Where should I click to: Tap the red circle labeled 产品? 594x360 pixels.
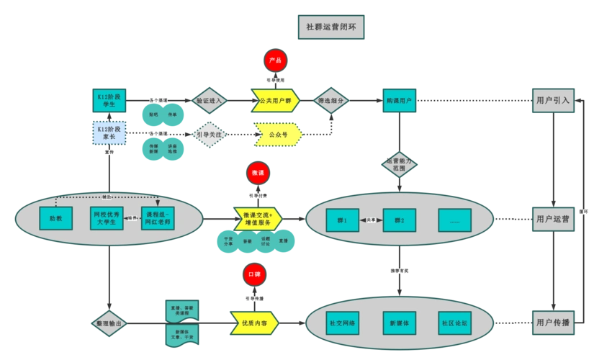(275, 60)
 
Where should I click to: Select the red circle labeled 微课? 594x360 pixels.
(258, 173)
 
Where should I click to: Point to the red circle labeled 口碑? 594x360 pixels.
(254, 274)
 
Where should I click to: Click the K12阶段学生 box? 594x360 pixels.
(109, 100)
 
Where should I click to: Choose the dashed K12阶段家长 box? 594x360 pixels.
(109, 133)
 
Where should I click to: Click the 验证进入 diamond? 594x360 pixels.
(210, 101)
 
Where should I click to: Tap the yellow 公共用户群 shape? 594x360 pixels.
(276, 101)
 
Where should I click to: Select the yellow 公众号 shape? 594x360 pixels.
(277, 135)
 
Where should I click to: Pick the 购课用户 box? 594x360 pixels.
(399, 101)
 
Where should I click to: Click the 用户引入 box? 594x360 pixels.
(552, 101)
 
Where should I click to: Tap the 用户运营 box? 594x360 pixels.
(552, 219)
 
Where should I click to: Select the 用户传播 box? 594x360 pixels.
(552, 323)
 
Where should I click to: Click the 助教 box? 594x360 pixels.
(55, 218)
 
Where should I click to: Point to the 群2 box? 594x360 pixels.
(398, 220)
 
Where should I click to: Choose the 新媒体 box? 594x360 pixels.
(398, 323)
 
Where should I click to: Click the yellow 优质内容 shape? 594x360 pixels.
(254, 323)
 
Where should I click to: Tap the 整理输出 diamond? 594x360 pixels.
(109, 324)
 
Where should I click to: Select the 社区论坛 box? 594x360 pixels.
(454, 323)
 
